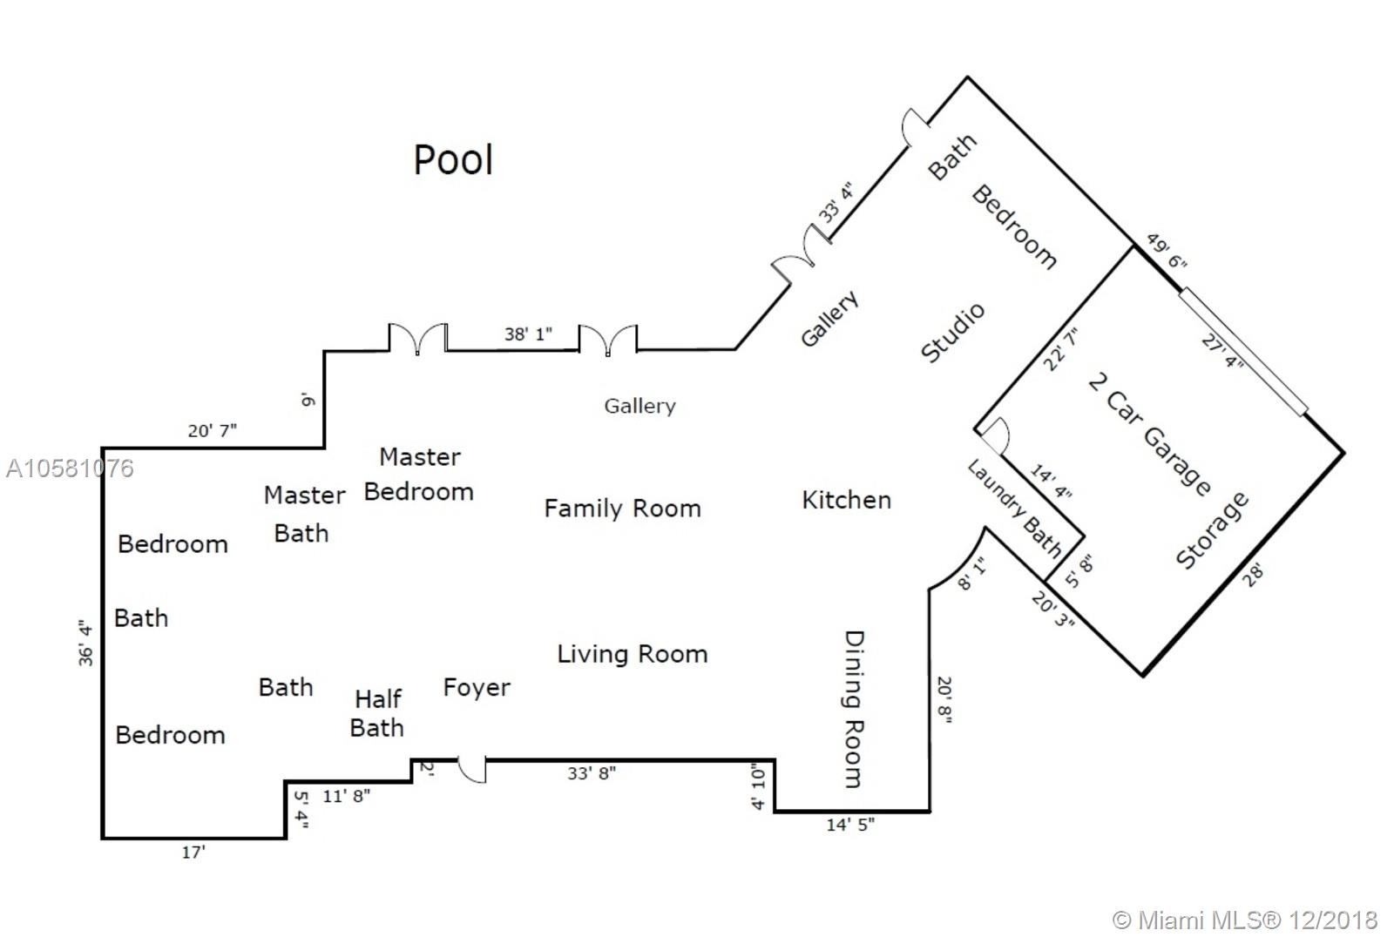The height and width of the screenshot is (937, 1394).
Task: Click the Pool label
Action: point(453,160)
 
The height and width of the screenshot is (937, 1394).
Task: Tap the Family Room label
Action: point(622,509)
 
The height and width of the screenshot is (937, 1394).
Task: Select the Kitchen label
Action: point(846,500)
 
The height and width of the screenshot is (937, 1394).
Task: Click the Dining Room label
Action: point(854,709)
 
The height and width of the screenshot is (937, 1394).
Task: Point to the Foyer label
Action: point(477,687)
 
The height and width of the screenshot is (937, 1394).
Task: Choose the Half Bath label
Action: point(377,712)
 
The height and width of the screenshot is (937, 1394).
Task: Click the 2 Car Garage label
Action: point(1149,433)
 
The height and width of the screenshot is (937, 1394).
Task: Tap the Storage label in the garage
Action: point(1212,530)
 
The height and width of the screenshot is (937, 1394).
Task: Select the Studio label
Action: point(953,332)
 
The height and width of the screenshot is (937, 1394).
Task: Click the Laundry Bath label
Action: point(1016,509)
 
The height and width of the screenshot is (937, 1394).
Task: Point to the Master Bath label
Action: point(304,514)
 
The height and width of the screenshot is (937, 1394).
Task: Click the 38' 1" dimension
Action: point(528,334)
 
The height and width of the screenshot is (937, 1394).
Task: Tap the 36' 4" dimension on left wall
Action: point(85,643)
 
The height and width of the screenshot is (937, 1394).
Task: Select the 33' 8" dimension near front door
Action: point(592,773)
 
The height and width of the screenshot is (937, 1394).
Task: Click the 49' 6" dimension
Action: point(1166,251)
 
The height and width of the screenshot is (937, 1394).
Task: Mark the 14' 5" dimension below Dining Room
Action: point(850,824)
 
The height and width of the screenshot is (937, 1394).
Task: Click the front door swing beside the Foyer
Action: point(472,770)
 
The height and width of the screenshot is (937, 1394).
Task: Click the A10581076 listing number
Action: point(70,468)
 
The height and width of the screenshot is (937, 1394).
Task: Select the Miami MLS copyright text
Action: point(1245,920)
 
